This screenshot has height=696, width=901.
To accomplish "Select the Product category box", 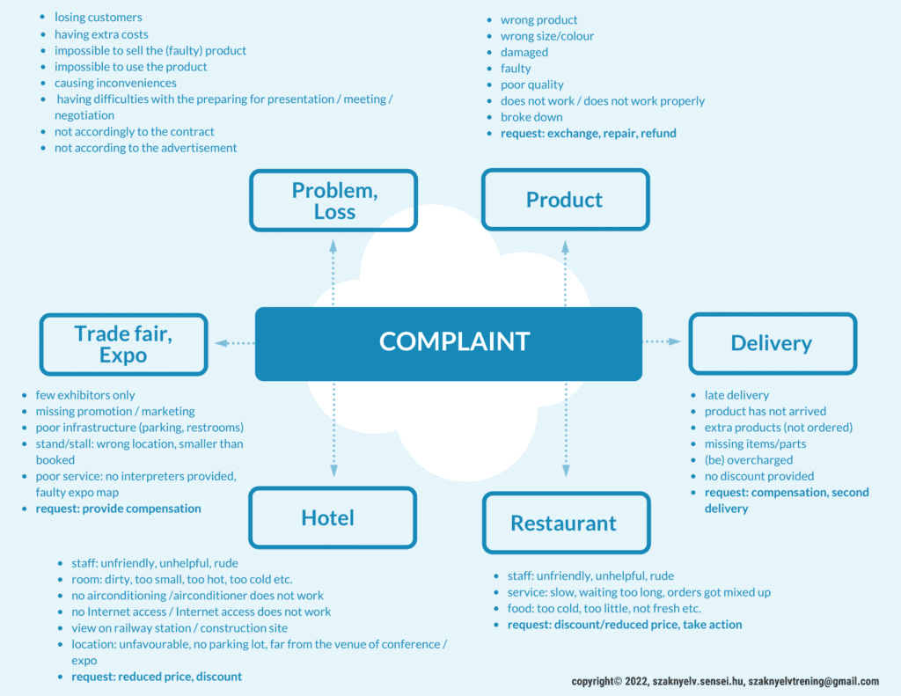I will click(x=565, y=200).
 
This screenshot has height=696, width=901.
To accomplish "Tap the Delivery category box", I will click(x=772, y=343).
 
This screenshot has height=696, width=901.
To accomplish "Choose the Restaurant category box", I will click(x=565, y=524).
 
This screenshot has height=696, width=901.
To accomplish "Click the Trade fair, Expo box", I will click(x=123, y=344).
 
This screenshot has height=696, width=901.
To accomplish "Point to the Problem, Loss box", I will click(x=333, y=201).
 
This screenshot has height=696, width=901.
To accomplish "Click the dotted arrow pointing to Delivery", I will click(x=663, y=341).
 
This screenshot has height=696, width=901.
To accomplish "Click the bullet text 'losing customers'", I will click(x=98, y=18).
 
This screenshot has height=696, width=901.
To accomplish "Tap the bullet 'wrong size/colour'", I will click(x=546, y=36).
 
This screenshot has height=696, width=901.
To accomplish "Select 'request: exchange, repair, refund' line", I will click(x=588, y=134).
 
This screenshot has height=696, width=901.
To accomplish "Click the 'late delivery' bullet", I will click(x=736, y=395).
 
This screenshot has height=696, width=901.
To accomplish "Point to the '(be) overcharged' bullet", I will click(x=748, y=460).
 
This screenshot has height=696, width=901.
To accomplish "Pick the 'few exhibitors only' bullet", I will click(x=85, y=395).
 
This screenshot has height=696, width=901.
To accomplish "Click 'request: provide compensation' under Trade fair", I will click(x=118, y=509).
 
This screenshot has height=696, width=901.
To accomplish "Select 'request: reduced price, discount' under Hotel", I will click(x=156, y=677).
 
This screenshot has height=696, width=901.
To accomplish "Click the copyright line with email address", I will click(x=724, y=682).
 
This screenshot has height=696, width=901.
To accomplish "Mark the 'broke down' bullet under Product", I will click(x=531, y=117).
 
